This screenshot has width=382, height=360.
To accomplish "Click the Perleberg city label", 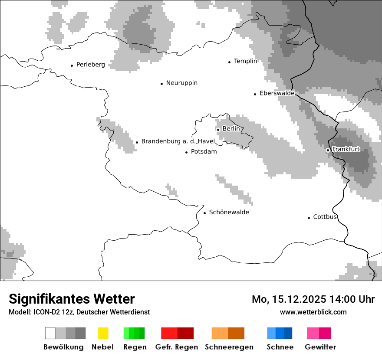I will coord(90,65).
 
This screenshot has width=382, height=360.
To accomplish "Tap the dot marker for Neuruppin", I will coord(161,84).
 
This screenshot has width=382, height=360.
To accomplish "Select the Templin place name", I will coord(245,61).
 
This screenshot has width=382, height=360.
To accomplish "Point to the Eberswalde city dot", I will coord(255,94).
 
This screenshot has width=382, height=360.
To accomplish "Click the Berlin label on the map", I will coord(231,129).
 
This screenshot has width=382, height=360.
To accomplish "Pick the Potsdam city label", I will coord(204,152).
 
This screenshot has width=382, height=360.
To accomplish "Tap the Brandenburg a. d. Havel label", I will coord(178,141).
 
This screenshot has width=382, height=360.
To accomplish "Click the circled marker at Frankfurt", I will coord(328,150).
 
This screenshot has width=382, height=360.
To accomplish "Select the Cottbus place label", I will coord(325,217).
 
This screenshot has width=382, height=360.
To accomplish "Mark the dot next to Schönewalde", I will coord(204,213).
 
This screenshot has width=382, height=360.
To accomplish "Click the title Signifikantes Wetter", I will coord(72,299).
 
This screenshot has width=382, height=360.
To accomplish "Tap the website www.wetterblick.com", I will coord(313,312).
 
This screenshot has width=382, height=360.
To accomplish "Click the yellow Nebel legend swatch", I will coord(103,333).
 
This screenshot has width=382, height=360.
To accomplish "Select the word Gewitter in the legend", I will coord(320,347).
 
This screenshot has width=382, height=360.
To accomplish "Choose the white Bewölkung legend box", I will coord(50,333).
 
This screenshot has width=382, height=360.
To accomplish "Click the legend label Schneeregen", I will coord(229,347).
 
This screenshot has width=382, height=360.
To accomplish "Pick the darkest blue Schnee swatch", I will coord(288,333).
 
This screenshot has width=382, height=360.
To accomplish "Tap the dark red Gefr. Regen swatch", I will coord(185,333).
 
